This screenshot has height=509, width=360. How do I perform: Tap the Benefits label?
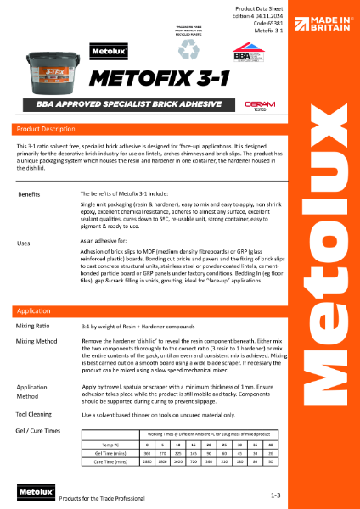30,195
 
